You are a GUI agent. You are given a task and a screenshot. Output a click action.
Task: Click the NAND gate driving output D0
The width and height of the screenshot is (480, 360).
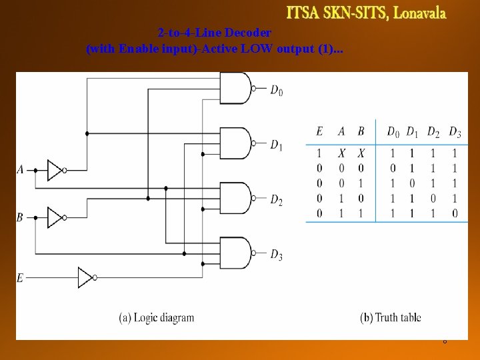click(x=239, y=89)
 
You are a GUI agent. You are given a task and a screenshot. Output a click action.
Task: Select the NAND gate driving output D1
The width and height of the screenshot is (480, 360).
click(x=239, y=143)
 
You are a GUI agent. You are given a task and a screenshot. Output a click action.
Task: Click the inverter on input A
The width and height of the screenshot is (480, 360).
click(x=55, y=170)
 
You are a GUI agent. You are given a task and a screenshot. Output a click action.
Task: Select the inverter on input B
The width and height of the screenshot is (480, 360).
click(x=55, y=217)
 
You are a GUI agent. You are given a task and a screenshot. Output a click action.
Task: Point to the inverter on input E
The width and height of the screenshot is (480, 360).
click(x=86, y=277)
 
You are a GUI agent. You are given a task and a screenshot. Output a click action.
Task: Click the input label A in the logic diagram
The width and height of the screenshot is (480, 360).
click(x=20, y=170)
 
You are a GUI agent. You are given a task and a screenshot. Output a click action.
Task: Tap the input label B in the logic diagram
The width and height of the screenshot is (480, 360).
click(x=20, y=217)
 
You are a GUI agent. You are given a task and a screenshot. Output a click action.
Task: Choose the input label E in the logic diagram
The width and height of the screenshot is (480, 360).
click(x=20, y=277)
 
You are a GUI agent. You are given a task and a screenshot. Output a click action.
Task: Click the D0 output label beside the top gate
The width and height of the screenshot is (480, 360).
click(x=276, y=90)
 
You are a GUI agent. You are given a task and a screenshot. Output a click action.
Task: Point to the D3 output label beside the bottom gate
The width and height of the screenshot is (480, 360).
click(x=276, y=255)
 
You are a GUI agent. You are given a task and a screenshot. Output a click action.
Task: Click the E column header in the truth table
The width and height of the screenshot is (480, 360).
click(x=320, y=132)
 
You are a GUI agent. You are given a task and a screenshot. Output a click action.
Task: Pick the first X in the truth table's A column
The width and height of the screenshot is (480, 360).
click(x=341, y=153)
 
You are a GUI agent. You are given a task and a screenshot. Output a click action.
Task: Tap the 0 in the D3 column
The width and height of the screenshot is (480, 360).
click(x=455, y=213)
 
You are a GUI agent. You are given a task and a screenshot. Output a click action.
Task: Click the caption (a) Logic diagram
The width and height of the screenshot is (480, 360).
click(x=156, y=317)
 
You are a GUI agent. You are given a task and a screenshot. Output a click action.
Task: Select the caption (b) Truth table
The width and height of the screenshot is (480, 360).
click(x=391, y=317)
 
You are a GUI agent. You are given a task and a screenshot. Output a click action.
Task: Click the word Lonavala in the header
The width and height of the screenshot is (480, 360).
click(x=420, y=13)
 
